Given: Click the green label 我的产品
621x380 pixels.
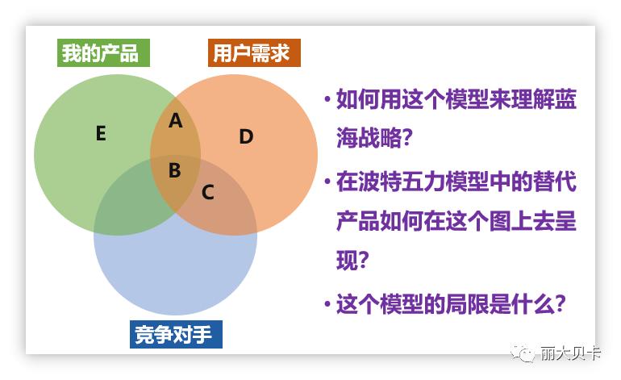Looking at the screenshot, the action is (x=103, y=52).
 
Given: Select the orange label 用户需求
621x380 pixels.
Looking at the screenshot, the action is (x=254, y=52).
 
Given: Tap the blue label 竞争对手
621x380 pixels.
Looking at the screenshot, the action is (x=176, y=335).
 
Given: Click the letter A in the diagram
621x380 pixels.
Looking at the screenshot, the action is (x=176, y=120).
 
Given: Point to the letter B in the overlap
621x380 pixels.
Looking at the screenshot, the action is (x=175, y=170).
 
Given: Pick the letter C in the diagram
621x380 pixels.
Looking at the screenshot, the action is (x=208, y=193).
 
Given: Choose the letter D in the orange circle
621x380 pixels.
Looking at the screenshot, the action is (x=246, y=136).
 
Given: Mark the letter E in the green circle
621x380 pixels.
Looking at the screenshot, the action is (x=101, y=133).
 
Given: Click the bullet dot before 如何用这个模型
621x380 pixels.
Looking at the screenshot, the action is (x=327, y=98).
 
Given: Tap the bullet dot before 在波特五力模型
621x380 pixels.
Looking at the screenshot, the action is (x=327, y=182).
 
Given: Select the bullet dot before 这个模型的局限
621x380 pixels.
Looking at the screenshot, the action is (x=327, y=304).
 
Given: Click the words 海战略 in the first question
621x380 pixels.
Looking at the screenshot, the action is (x=369, y=138).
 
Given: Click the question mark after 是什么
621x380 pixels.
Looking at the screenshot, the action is (x=560, y=304).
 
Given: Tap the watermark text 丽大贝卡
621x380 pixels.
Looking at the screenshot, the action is (x=570, y=353).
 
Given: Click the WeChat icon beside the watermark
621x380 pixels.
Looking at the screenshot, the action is (x=523, y=353).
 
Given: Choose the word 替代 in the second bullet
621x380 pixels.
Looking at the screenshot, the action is (x=555, y=182).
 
